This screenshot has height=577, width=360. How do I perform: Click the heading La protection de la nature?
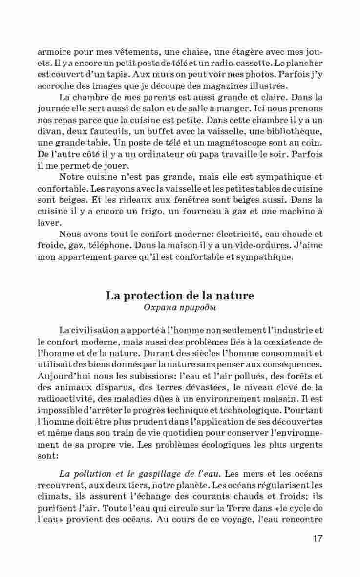coord(180,296)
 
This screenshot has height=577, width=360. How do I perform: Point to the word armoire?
coord(55,52)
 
